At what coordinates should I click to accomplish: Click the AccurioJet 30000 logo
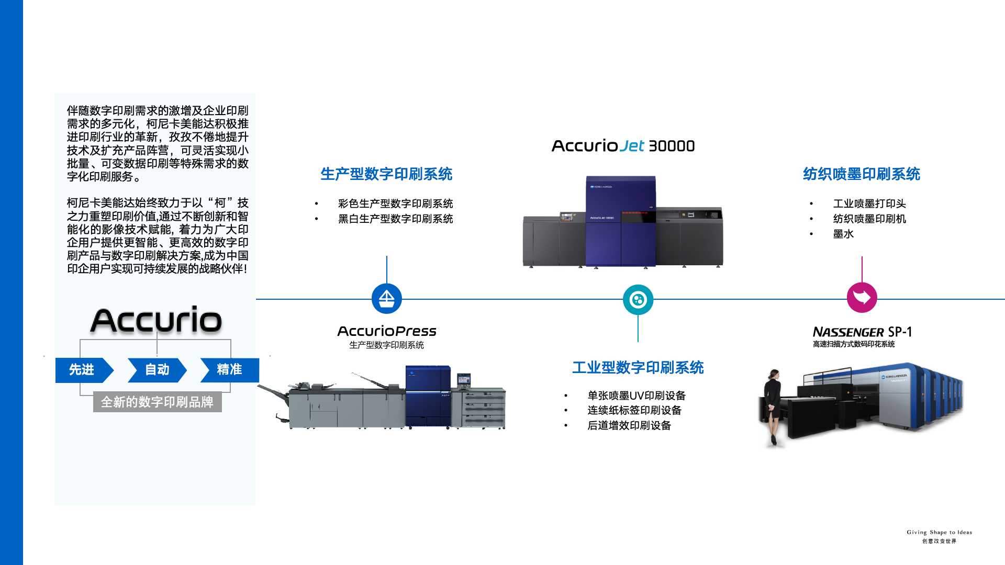click(623, 146)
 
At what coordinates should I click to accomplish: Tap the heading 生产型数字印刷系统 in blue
click(386, 174)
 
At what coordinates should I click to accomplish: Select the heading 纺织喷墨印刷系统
click(862, 174)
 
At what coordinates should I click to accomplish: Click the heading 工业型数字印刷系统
click(638, 368)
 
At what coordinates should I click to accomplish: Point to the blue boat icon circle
click(386, 299)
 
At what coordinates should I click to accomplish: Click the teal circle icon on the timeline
click(638, 300)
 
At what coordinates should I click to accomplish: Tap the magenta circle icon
click(862, 298)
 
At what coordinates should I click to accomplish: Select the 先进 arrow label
click(82, 370)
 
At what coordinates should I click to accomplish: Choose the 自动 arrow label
click(157, 370)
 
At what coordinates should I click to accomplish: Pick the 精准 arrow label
click(229, 370)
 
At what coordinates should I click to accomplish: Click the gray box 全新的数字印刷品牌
click(157, 402)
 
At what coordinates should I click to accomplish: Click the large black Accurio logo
click(156, 320)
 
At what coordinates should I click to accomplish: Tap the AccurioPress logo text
click(386, 331)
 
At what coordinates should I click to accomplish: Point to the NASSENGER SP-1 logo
click(862, 332)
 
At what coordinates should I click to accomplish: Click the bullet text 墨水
click(843, 234)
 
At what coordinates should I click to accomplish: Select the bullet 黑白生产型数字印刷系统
click(395, 219)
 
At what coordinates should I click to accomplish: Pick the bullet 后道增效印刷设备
click(629, 425)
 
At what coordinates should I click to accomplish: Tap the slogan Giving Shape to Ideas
click(939, 532)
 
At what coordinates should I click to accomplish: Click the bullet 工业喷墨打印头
click(869, 204)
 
